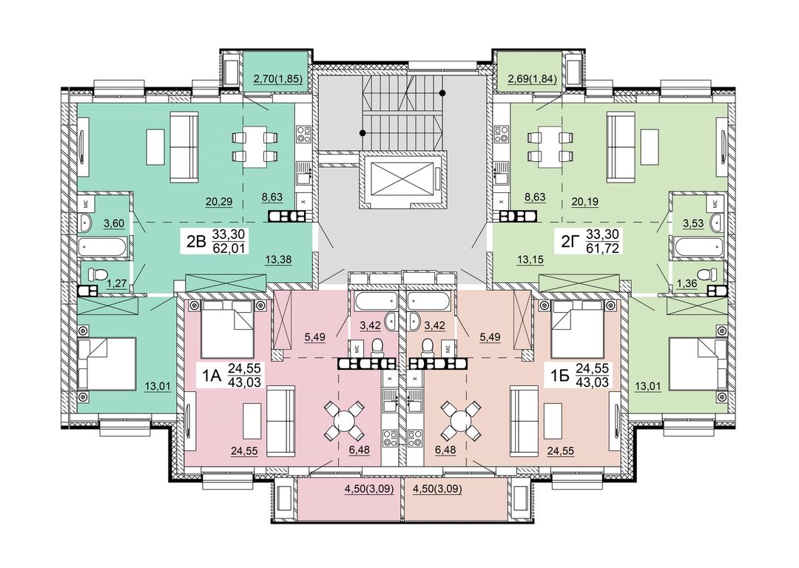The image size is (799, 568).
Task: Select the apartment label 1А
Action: click(212, 376)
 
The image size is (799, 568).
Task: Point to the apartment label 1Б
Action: click(560, 376)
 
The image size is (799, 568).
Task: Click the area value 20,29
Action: click(219, 202)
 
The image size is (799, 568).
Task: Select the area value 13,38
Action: click(278, 260)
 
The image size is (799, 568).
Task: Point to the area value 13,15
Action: click(530, 260)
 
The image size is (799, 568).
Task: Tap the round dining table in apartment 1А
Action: click(345, 421)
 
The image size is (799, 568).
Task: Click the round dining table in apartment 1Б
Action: click(461, 421)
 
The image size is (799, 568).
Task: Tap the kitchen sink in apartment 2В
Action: click(304, 171)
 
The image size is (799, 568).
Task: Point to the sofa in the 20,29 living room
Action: click(183, 148)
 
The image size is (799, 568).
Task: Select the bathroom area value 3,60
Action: click(114, 223)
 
